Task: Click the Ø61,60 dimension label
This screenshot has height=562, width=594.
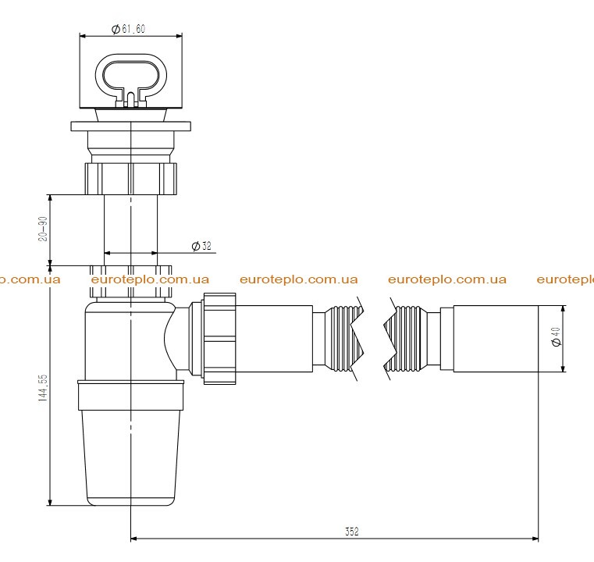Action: pos(129,29)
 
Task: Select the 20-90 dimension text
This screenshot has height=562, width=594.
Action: pos(43,229)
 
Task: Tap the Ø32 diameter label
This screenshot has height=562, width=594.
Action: pos(201,246)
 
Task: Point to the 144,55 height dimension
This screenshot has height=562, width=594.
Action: pos(43,387)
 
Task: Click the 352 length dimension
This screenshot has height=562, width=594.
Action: pos(351,532)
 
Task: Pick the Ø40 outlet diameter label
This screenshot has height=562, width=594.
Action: pos(556,336)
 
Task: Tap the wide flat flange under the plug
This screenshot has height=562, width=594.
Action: pos(130,126)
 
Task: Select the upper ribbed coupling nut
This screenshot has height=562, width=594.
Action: pos(130,179)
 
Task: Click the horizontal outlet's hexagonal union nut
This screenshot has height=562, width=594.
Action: pos(219,339)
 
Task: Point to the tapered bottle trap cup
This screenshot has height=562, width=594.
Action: pos(130,457)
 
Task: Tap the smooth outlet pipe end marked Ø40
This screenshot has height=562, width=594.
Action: pos(496,339)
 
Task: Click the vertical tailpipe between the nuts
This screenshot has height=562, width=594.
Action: pos(130,230)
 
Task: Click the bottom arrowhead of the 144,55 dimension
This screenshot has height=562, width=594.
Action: pos(51,502)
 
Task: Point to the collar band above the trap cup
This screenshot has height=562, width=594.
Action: pos(130,396)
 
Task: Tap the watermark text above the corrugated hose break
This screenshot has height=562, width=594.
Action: pos(447,279)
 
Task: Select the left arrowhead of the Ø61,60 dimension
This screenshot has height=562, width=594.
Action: pos(83,37)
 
